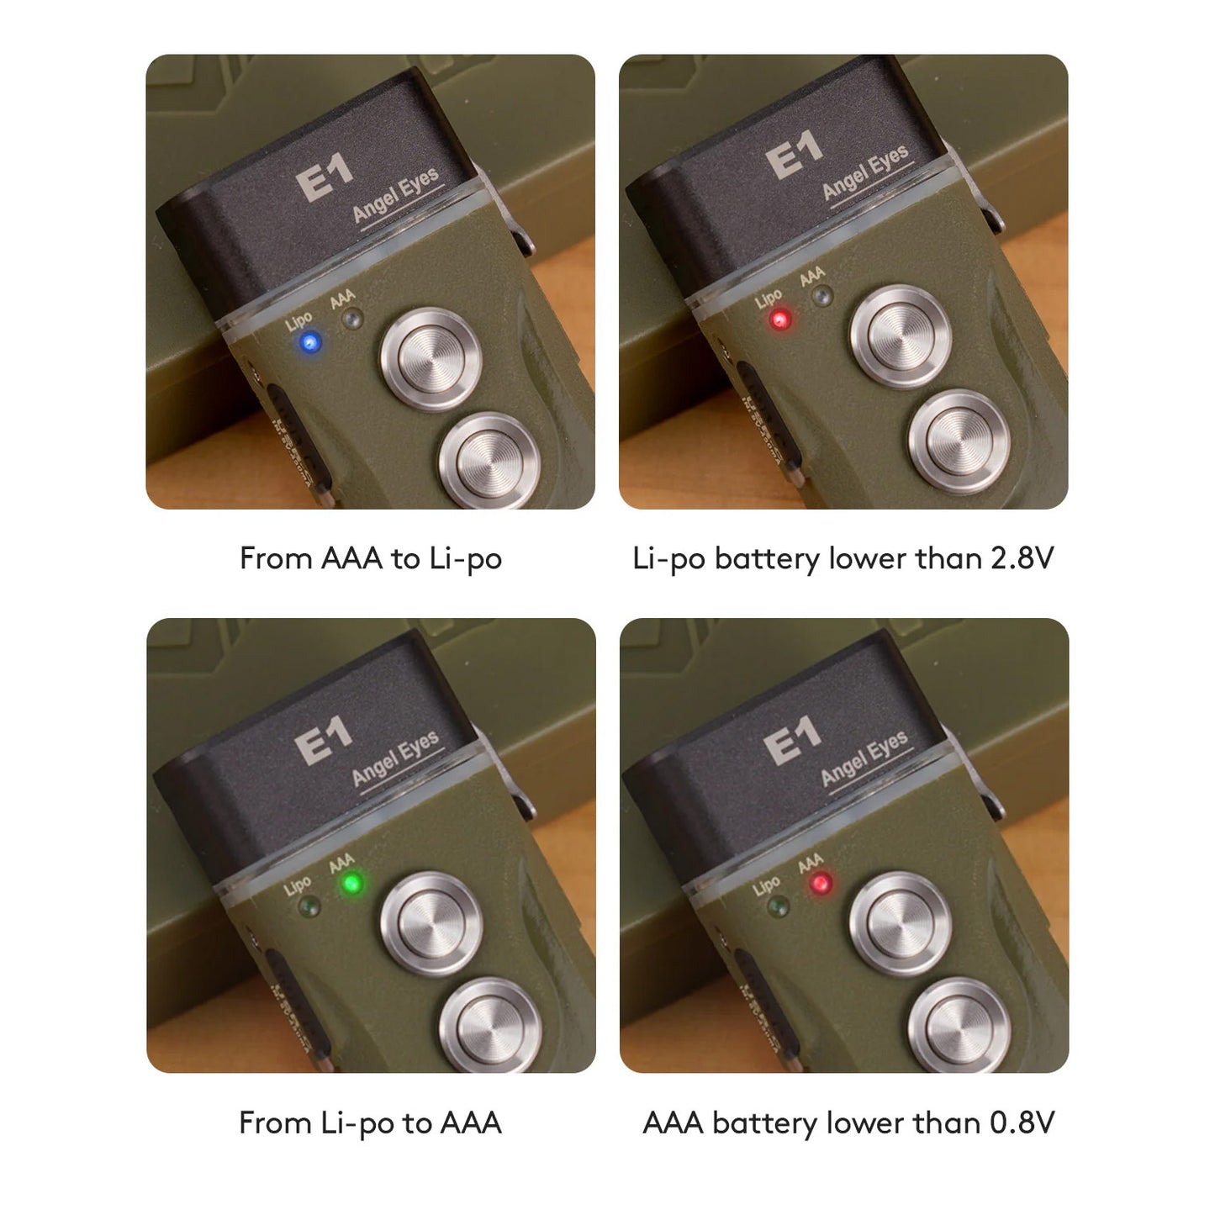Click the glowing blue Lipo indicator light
tap(310, 344)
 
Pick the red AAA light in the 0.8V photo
tap(821, 883)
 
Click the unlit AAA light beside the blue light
tap(351, 319)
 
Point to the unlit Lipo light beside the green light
tap(309, 908)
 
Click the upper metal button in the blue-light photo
tap(432, 359)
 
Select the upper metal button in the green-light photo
tap(432, 924)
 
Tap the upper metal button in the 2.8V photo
tap(901, 336)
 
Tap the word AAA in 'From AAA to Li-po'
tap(351, 558)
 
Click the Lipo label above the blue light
tap(298, 322)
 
